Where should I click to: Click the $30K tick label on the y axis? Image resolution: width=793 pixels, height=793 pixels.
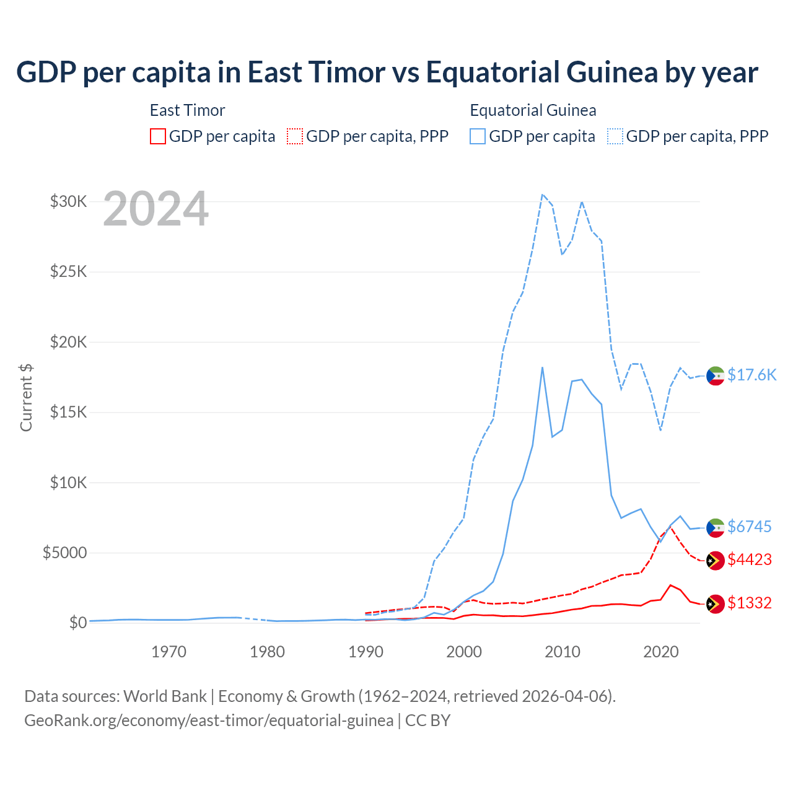click(x=68, y=201)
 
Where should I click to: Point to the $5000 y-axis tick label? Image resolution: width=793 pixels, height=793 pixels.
click(x=64, y=553)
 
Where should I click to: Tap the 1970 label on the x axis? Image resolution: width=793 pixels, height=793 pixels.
click(x=169, y=652)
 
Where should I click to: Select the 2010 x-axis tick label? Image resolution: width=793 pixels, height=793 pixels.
click(x=563, y=652)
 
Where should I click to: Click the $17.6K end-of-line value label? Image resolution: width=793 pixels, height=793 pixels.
click(x=751, y=375)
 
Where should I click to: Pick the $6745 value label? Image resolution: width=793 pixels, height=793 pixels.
click(x=749, y=527)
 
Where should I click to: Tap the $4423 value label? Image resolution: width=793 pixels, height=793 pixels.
click(x=749, y=559)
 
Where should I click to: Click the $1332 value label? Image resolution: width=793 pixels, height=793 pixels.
click(x=749, y=603)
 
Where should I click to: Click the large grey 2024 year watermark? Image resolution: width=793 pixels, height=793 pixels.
click(x=156, y=209)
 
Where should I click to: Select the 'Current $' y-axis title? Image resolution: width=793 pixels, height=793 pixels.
click(x=26, y=397)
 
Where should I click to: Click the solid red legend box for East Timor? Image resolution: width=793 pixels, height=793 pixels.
click(x=158, y=136)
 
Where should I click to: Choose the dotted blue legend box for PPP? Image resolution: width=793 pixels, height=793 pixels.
click(x=615, y=136)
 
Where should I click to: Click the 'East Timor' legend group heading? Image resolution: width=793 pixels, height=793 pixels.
click(x=187, y=110)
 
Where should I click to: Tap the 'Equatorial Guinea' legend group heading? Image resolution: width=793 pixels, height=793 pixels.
click(x=533, y=110)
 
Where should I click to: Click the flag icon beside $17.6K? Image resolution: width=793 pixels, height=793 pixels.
click(x=716, y=375)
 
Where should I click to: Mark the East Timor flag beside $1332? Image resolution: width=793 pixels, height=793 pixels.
click(x=716, y=603)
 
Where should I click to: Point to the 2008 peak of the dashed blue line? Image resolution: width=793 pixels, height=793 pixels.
click(x=542, y=195)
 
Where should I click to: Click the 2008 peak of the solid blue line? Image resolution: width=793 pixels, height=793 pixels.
click(x=542, y=367)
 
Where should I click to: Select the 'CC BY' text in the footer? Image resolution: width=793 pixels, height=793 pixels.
click(x=427, y=721)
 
